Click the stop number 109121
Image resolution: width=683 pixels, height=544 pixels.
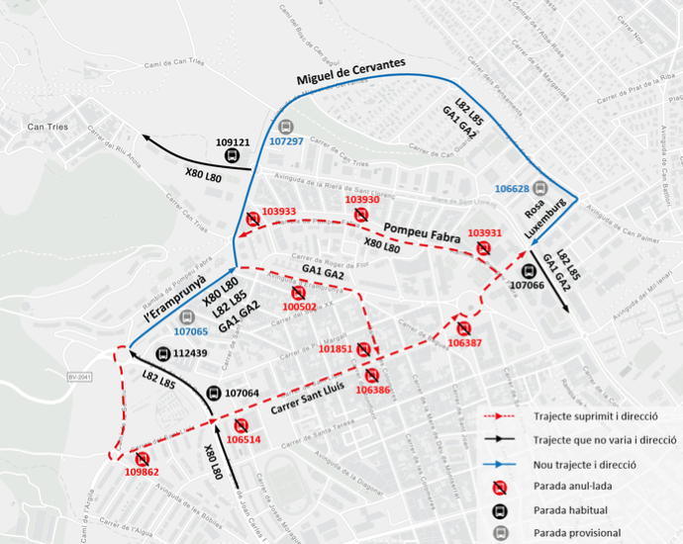click(x=233, y=141)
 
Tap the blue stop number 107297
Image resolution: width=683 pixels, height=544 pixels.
click(x=286, y=141)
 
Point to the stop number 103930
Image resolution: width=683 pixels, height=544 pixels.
click(x=362, y=200)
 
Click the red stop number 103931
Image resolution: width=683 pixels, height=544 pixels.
click(x=484, y=233)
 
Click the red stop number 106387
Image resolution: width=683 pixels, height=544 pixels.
click(x=464, y=342)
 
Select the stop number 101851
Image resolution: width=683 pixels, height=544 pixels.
click(x=337, y=348)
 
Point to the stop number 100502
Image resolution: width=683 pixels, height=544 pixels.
click(x=299, y=307)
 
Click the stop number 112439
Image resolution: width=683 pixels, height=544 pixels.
click(x=190, y=353)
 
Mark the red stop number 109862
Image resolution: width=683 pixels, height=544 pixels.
click(x=142, y=472)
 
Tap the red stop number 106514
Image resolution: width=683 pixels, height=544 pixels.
click(x=243, y=439)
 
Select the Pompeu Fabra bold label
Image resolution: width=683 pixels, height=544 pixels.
click(x=419, y=227)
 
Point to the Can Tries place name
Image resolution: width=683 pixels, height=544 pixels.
click(x=48, y=126)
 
